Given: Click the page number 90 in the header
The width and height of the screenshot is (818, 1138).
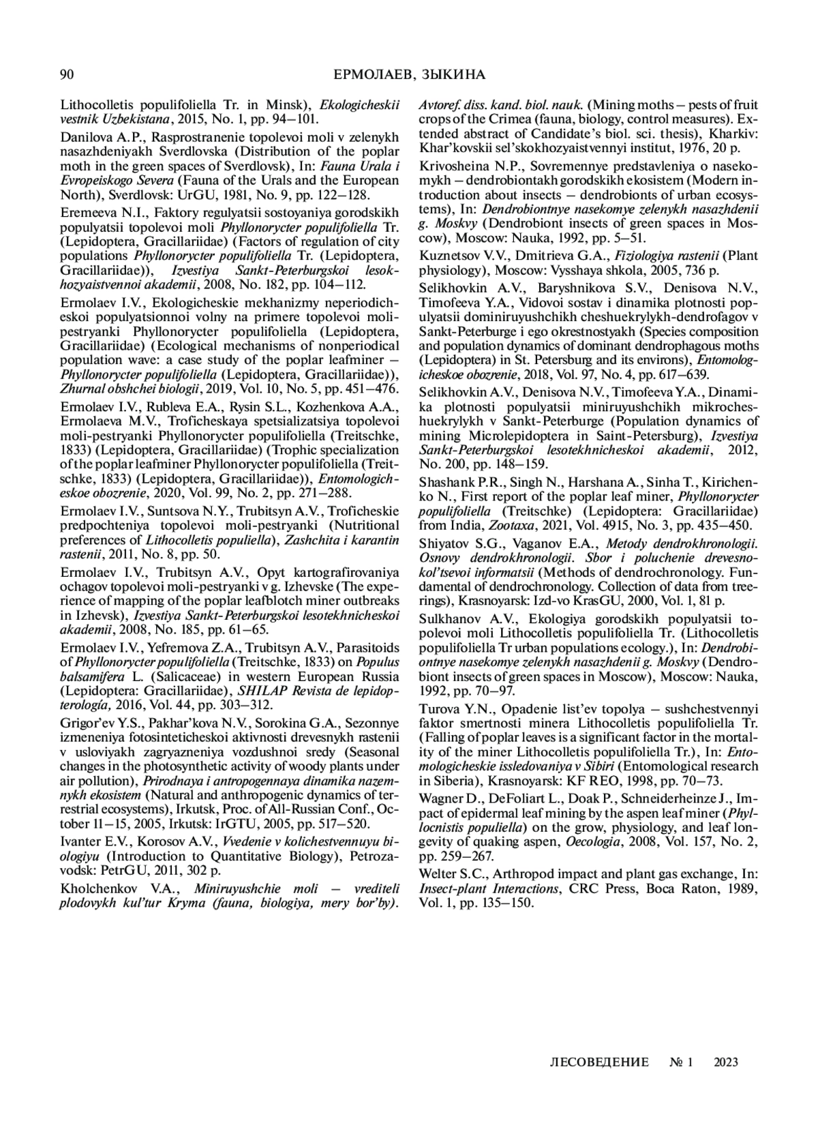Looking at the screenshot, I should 67,75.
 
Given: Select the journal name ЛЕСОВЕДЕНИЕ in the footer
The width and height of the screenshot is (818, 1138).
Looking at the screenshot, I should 599,1062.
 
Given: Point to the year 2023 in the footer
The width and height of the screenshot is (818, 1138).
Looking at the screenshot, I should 726,1062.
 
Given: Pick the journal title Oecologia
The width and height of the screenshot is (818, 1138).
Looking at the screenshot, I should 591,843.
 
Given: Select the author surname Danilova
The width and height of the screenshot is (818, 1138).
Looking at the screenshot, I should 85,136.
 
